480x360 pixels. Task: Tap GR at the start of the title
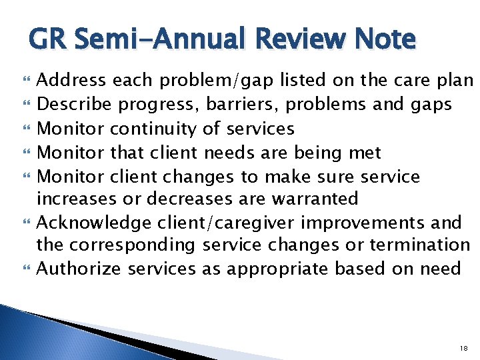(47, 39)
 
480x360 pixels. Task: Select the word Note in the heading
(385, 39)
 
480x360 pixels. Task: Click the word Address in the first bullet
(71, 81)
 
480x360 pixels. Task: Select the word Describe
(72, 105)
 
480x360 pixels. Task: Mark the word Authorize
(75, 269)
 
